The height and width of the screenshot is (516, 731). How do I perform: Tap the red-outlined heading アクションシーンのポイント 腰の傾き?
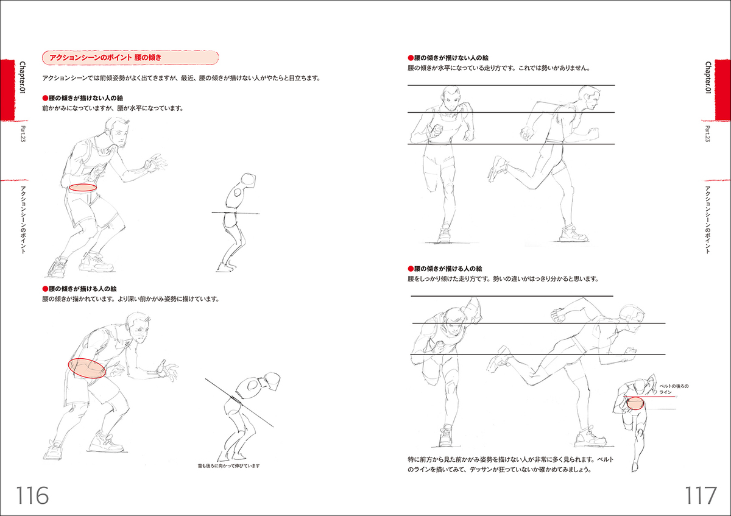[130, 58]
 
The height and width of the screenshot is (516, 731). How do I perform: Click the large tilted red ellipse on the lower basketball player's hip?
[87, 369]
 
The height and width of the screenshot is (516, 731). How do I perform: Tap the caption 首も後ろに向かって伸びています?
[228, 466]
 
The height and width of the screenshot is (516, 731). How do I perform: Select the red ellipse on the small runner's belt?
[634, 403]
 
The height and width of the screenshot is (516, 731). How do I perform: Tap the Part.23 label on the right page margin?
[708, 135]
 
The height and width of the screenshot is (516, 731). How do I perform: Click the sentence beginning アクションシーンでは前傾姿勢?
[182, 79]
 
